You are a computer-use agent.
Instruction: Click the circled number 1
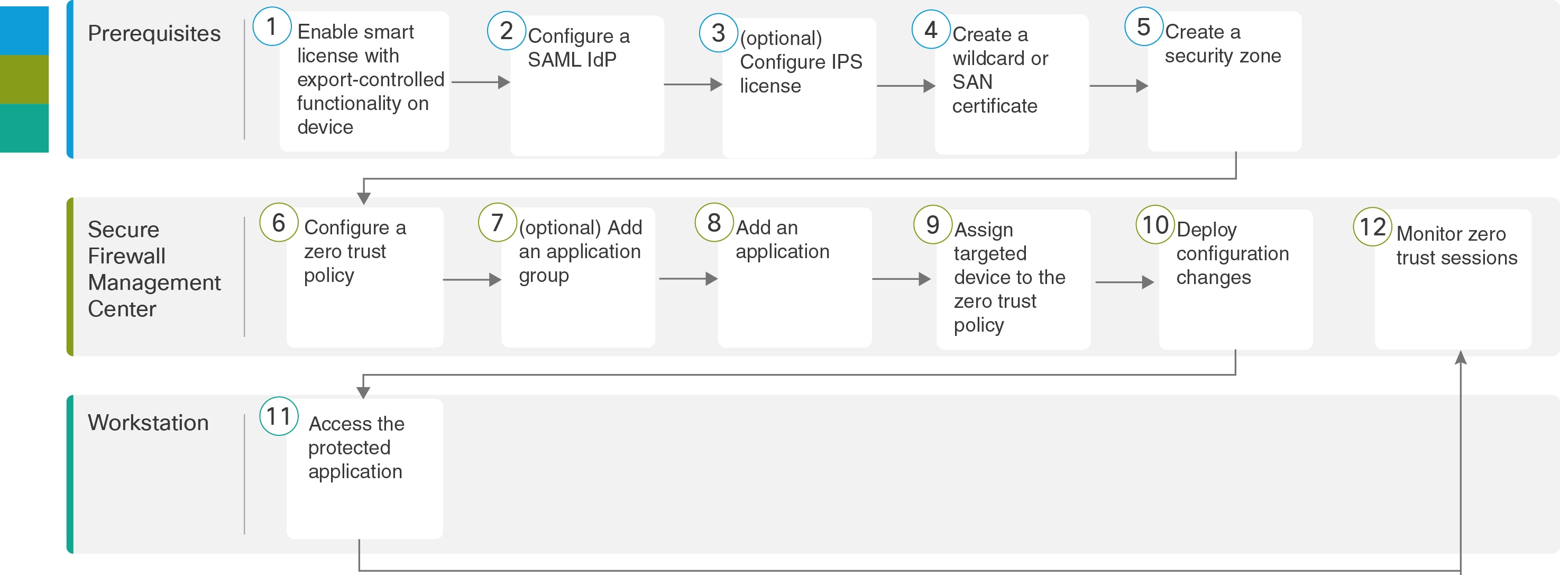272,26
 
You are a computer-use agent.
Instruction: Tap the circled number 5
1143,26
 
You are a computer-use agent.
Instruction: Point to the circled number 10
1155,225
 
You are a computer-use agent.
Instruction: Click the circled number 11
279,416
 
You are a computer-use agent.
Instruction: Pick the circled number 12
1372,226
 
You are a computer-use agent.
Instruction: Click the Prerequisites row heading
154,34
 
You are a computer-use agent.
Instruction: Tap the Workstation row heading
149,422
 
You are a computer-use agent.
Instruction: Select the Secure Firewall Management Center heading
154,269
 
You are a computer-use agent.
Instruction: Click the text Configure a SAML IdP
579,48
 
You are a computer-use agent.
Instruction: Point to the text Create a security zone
1223,43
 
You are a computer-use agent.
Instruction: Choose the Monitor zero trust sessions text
1456,246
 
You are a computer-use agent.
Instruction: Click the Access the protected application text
356,448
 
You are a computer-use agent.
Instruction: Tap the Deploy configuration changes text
1232,254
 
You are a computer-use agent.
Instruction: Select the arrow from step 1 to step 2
481,83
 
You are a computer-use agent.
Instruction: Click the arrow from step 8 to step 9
901,279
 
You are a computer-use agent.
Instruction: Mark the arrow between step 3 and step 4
906,86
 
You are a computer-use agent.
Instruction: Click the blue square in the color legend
24,31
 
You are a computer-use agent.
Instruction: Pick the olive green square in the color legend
24,79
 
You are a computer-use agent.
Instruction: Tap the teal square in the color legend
24,128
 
